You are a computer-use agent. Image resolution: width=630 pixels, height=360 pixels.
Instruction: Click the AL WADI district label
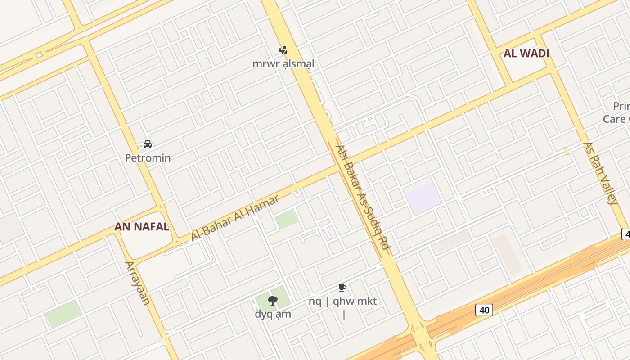pos(526,54)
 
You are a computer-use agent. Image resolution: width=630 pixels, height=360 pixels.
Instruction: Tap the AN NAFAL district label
pos(142,226)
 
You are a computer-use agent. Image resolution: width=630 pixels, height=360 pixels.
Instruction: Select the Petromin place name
pos(148,158)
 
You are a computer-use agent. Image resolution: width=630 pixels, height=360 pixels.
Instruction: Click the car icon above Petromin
pos(147,144)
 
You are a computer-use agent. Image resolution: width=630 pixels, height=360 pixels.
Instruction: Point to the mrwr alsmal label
pos(283,63)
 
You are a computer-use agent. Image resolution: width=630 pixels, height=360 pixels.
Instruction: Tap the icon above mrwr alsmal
pos(283,50)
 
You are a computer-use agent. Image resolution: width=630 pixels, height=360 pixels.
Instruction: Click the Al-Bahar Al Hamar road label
pos(235,218)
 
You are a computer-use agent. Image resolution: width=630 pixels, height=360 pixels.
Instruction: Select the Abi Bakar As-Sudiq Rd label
pos(363,200)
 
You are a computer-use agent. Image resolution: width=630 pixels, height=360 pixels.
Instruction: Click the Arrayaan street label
pos(137,283)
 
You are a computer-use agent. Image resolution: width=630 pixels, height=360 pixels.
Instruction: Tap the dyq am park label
pos(273,314)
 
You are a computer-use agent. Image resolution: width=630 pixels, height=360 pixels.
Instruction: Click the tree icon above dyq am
pos(272,301)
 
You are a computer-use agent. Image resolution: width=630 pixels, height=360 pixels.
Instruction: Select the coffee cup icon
pos(342,288)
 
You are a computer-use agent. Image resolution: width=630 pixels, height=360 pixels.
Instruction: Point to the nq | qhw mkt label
pos(342,301)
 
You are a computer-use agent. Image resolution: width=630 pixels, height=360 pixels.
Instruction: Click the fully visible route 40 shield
pos(484,310)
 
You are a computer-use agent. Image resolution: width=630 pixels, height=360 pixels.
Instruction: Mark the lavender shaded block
pos(423,198)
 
